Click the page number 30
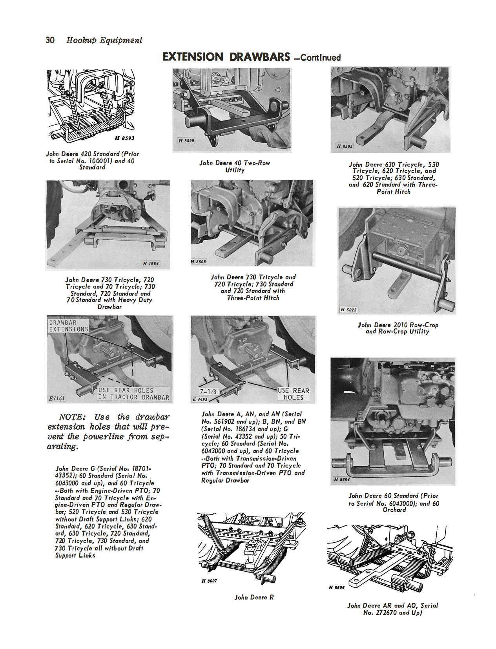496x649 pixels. tap(50, 40)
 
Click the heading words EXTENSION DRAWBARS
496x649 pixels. tap(226, 57)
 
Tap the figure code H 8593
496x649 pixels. tap(124, 138)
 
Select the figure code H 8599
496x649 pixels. tap(186, 140)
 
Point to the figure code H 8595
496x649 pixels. tap(345, 146)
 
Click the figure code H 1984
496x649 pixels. tap(151, 263)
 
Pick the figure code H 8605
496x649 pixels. tap(199, 262)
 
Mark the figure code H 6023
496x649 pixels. tap(348, 310)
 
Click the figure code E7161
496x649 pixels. tap(57, 398)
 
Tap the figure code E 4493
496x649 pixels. tap(200, 399)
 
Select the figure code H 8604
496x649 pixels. tap(342, 479)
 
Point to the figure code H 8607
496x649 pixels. tap(209, 581)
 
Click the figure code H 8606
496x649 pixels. tap(337, 587)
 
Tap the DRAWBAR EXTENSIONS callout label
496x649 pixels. tap(68, 326)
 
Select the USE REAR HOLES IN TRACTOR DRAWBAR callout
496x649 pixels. tap(133, 394)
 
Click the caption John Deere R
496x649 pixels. tap(254, 597)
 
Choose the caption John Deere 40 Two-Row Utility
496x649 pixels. tap(235, 166)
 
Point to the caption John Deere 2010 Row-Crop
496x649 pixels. tap(398, 328)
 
